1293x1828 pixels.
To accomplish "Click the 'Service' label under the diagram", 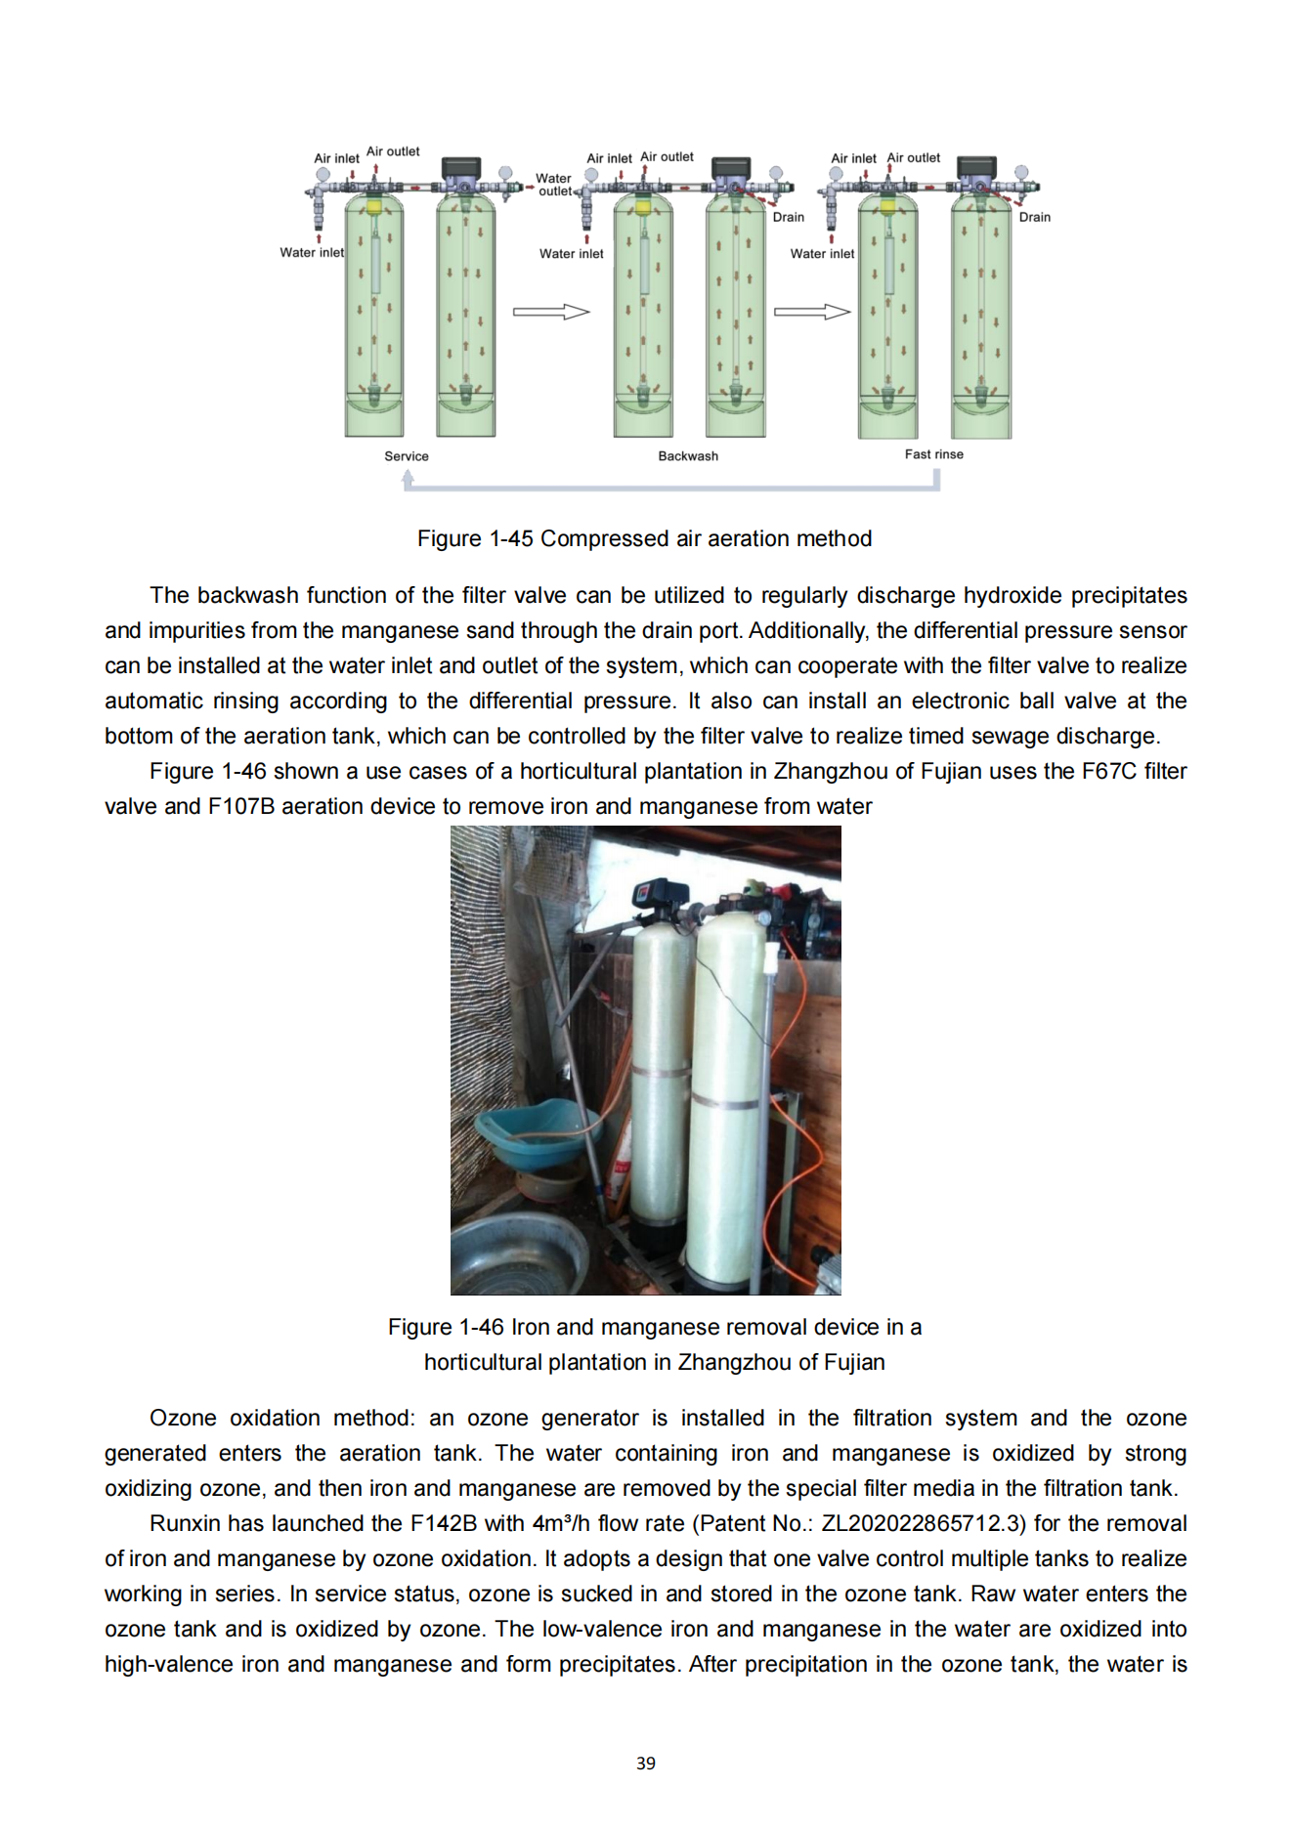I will tap(406, 456).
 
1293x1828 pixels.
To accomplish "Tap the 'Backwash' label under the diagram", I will tap(687, 456).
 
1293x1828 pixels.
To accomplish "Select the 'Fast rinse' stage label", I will tap(933, 454).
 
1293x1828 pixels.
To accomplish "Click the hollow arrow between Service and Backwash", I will tap(551, 312).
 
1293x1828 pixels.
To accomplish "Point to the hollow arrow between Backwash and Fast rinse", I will tap(812, 312).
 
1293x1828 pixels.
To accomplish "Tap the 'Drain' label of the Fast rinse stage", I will tap(1034, 217).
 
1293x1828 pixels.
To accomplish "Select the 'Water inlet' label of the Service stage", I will tap(311, 252).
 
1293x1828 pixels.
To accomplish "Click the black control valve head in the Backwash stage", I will tap(731, 168).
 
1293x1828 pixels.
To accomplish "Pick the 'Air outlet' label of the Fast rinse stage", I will tap(913, 157).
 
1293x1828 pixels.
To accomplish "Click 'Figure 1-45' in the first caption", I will tap(475, 538).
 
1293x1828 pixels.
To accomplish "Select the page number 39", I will tap(646, 1764).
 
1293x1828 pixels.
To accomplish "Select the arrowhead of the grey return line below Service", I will tap(408, 477).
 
